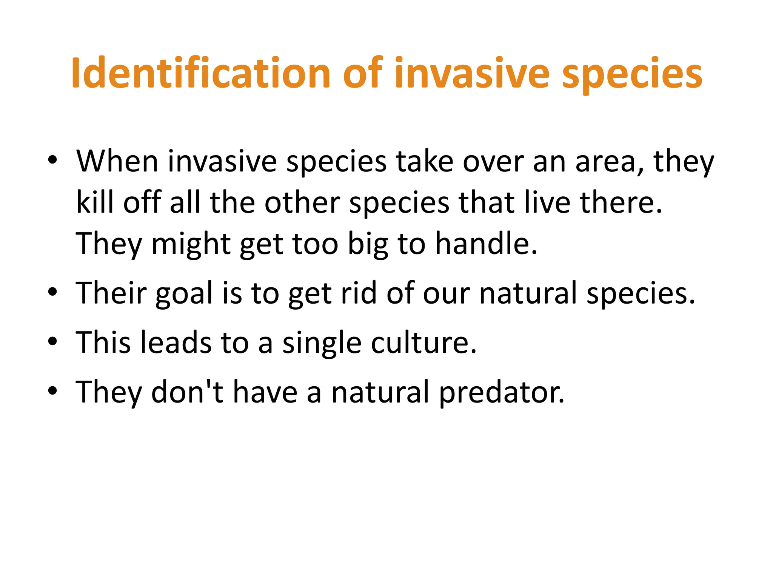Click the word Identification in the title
coord(200,74)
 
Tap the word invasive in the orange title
coord(472,74)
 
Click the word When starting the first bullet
coord(117,162)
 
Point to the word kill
coord(95,202)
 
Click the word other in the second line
coord(302,202)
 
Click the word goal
coord(184,294)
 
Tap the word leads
coord(176,342)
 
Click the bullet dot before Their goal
coord(52,292)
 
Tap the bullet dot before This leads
coord(52,341)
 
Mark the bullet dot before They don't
coord(52,391)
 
